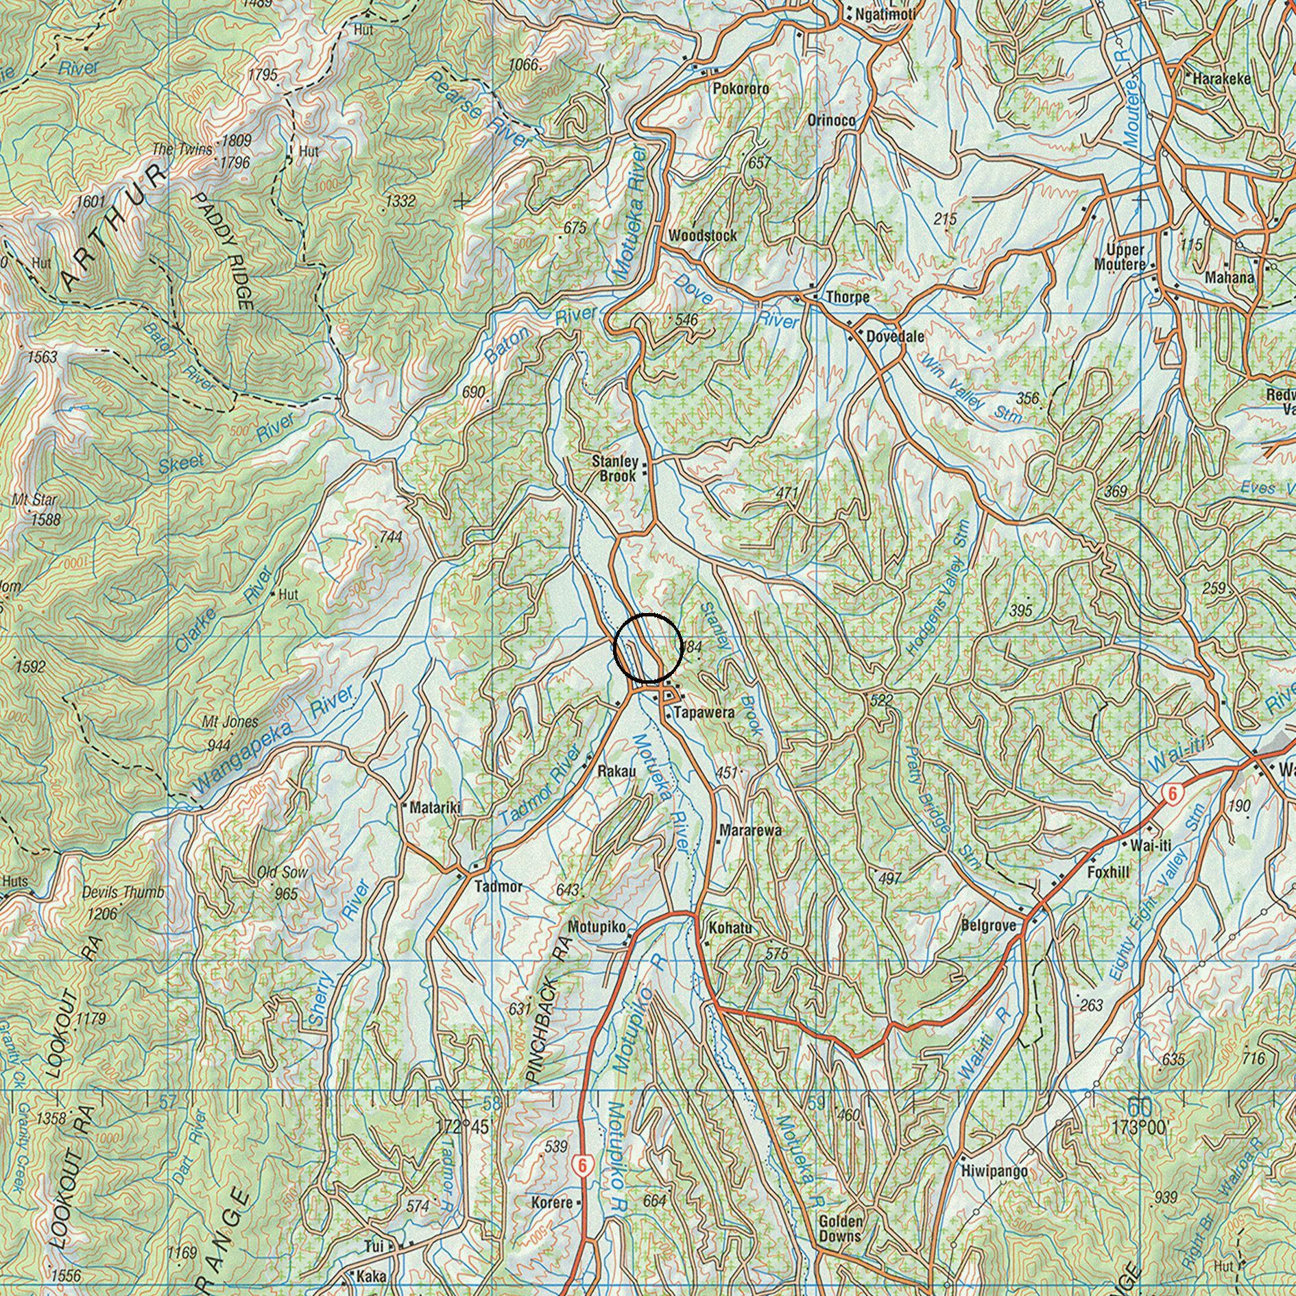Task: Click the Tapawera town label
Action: click(704, 712)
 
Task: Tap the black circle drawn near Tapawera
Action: click(648, 648)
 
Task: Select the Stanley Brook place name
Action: click(615, 468)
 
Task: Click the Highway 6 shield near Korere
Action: click(582, 1164)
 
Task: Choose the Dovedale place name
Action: click(895, 337)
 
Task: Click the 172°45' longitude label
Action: click(463, 1126)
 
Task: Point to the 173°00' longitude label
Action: click(1138, 1126)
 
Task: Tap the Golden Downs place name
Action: click(841, 1228)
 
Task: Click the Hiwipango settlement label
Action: click(994, 1171)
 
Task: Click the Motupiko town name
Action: click(596, 927)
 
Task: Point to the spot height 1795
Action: click(263, 74)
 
